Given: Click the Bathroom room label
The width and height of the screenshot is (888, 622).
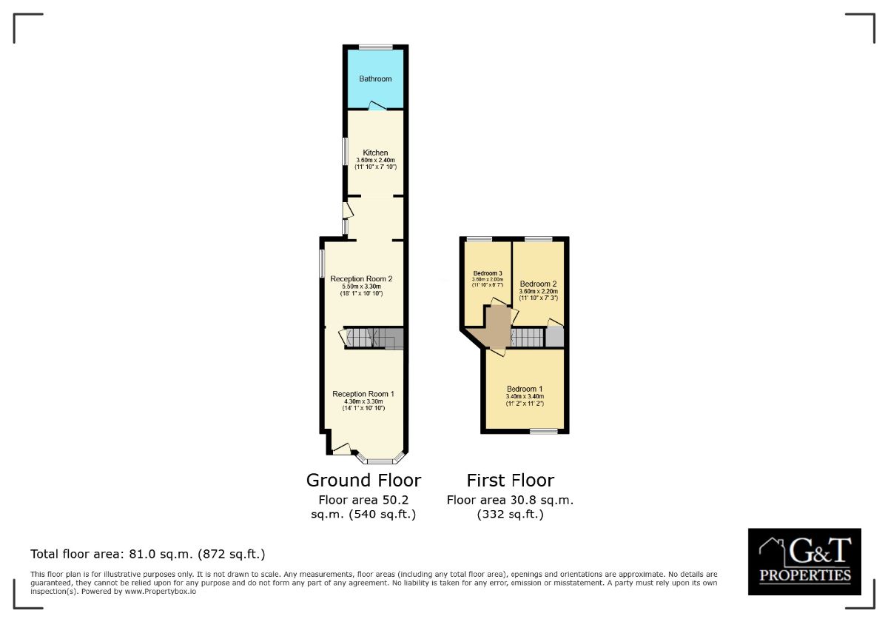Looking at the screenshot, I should [375, 78].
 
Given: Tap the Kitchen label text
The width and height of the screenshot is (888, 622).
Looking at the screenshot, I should [375, 153].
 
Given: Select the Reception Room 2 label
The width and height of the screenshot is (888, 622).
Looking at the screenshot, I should [361, 279].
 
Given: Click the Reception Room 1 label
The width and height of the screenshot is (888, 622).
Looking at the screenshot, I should [363, 394].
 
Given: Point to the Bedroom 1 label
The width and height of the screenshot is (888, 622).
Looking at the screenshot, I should [525, 389].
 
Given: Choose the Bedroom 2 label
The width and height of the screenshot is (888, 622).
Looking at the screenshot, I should [538, 284].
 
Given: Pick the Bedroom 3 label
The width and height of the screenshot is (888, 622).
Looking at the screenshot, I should [488, 273].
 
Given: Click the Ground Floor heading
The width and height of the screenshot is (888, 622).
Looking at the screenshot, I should [363, 480].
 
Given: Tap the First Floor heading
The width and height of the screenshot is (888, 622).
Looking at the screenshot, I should [510, 480].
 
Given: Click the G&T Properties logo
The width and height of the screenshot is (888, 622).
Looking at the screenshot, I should [804, 561].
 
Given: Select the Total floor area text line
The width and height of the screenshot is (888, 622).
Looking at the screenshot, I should [148, 554].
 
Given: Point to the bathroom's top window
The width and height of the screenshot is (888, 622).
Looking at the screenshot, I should [375, 46].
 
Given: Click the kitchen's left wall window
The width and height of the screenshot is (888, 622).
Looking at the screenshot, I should [344, 151].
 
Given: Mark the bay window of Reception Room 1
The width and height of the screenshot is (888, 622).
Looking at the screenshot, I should [378, 459].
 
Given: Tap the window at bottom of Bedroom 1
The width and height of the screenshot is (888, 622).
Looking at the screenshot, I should [543, 431].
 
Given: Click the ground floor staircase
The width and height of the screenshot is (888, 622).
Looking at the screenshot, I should [372, 338].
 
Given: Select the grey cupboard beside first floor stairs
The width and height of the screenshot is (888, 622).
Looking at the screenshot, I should [554, 336].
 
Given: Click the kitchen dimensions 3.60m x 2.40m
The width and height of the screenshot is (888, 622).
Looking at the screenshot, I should [375, 160].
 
